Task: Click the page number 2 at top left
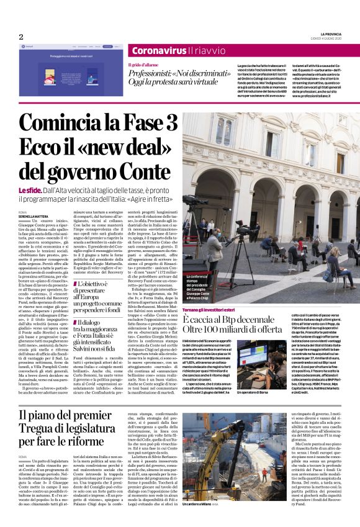pos(20,37)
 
